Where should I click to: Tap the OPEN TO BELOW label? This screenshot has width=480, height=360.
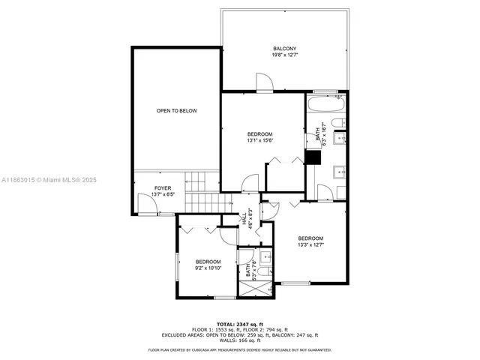point(177,111)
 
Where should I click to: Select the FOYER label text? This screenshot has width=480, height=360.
point(162,187)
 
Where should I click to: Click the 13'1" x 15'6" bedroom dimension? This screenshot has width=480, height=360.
point(259,140)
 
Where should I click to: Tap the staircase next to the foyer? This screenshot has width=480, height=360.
point(197,192)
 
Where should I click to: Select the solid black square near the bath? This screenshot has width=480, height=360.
point(312,157)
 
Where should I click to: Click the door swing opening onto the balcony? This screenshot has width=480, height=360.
point(265,82)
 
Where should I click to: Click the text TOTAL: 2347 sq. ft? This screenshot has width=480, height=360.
point(239,322)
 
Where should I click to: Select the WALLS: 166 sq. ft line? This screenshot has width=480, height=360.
point(239,341)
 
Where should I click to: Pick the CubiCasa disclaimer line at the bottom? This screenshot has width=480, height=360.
point(239,349)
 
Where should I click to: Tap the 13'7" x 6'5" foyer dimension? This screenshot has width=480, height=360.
point(162,194)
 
